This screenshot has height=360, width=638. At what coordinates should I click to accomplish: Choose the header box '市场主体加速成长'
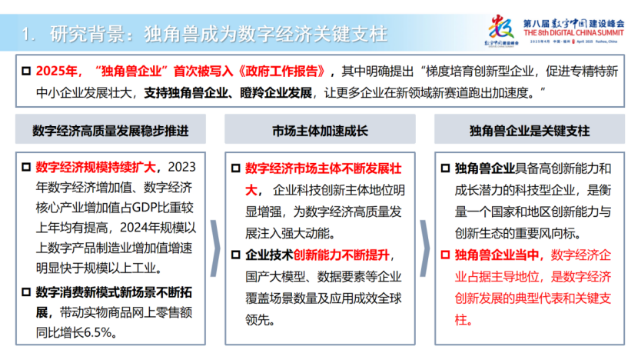tap(320, 130)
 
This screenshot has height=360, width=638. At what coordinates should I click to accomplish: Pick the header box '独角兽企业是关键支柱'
tap(530, 130)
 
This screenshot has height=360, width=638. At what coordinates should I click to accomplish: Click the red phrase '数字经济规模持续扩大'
tap(96, 167)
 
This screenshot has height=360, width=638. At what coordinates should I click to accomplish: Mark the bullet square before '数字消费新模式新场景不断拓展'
tap(26, 292)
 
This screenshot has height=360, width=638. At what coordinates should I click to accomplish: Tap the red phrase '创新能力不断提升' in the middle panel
tap(341, 254)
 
